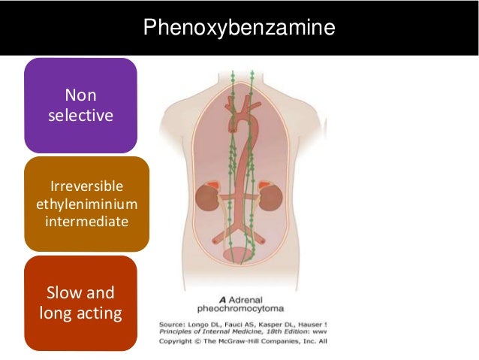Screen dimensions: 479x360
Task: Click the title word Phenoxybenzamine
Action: pyautogui.click(x=239, y=29)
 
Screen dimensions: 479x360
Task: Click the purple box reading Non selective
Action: pyautogui.click(x=80, y=105)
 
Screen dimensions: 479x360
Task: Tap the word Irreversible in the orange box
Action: pyautogui.click(x=86, y=186)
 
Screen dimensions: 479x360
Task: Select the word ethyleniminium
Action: pyautogui.click(x=86, y=204)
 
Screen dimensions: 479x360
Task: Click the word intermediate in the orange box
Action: pyautogui.click(x=86, y=221)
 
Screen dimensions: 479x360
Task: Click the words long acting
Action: pyautogui.click(x=80, y=312)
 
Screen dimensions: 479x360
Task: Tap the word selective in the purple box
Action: pyautogui.click(x=80, y=116)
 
